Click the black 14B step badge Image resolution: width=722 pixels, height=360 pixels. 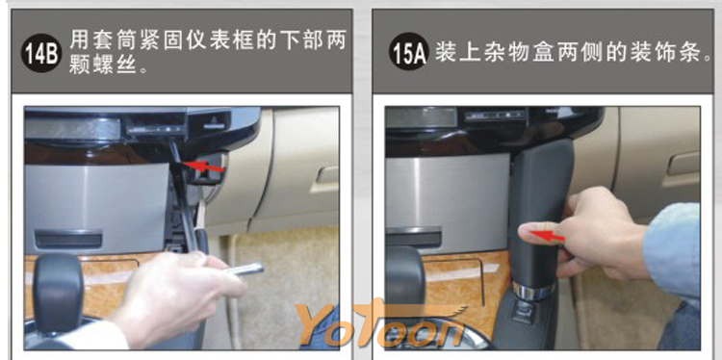pyautogui.click(x=41, y=53)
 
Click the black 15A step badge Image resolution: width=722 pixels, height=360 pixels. pyautogui.click(x=409, y=52)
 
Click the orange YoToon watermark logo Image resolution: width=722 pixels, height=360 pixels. pyautogui.click(x=380, y=324)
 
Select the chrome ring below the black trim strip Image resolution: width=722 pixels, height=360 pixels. pyautogui.click(x=533, y=292)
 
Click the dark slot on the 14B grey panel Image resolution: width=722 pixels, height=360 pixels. pyautogui.click(x=68, y=240)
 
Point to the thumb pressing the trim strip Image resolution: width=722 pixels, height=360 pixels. pyautogui.click(x=540, y=232)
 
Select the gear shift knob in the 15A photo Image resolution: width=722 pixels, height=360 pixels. pyautogui.click(x=405, y=276)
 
